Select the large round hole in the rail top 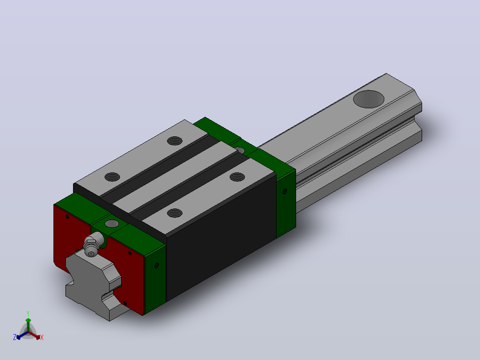pos(369,99)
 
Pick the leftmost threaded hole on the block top pos(112,177)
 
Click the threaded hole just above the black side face pos(175,213)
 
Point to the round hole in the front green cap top pos(112,223)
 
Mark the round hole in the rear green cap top pos(240,150)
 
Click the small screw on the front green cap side pos(156,266)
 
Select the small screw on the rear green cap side pos(285,192)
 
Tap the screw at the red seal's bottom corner pos(125,303)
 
